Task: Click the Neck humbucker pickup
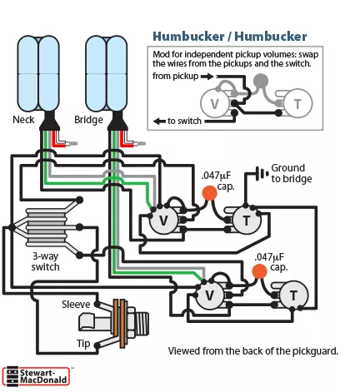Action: [x=38, y=73]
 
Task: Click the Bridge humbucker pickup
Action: [x=107, y=73]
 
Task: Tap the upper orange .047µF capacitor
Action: [x=210, y=193]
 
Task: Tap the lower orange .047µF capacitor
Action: [x=259, y=271]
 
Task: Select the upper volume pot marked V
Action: [x=163, y=221]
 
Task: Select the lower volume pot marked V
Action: [x=210, y=295]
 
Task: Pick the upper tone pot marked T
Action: [x=247, y=221]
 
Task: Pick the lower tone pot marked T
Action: [x=293, y=295]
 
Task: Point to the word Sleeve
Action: [x=76, y=305]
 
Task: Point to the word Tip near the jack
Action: [x=83, y=344]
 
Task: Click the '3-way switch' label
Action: [x=45, y=261]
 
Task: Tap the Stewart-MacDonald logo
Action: [x=36, y=376]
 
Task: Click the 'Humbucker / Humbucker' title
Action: [x=230, y=37]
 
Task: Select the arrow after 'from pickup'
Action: [x=207, y=77]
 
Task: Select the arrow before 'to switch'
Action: [x=159, y=122]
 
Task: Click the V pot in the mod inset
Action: [x=214, y=103]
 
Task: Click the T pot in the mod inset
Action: [x=297, y=103]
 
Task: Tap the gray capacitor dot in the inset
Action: [x=261, y=81]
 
